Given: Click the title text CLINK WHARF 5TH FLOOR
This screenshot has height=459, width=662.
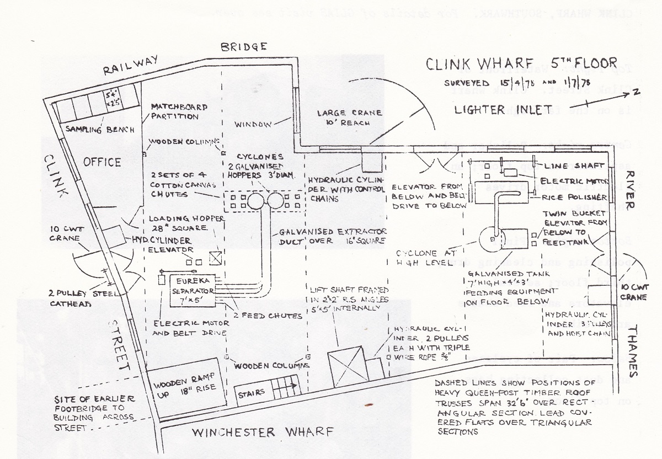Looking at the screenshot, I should tap(521, 65).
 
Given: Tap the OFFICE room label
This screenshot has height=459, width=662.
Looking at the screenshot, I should tap(102, 162).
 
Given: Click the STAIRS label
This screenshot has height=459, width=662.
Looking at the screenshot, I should tap(250, 393).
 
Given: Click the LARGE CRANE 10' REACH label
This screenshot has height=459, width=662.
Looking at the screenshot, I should tap(349, 118).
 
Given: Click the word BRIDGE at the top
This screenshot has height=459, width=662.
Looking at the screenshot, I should tap(244, 47).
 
